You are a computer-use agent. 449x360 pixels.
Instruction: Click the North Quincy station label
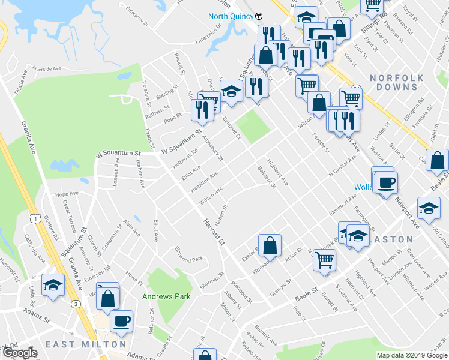[x=231, y=16]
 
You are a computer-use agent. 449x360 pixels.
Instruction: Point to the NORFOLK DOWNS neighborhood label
[x=397, y=82]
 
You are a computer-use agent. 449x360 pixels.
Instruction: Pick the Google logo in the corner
[x=20, y=353]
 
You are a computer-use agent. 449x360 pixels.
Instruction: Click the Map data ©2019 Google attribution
[x=411, y=355]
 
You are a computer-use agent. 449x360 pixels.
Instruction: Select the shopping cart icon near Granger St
[x=324, y=260]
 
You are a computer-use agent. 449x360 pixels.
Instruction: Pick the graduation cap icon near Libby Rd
[x=53, y=284]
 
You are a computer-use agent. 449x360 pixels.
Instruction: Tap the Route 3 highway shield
[x=76, y=304]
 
